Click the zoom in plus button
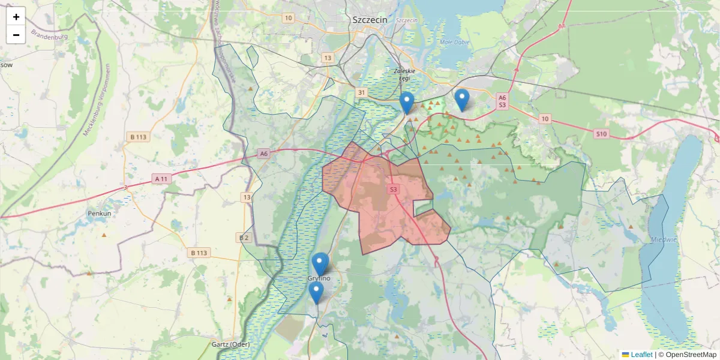(16, 17)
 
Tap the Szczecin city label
(370, 19)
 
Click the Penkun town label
(99, 213)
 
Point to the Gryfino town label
(319, 278)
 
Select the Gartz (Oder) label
(230, 344)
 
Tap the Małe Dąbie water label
(454, 42)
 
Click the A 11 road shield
(161, 179)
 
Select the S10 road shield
(602, 134)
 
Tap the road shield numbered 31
(361, 92)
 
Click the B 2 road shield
(244, 238)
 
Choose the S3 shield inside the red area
(393, 190)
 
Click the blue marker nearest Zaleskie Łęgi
(407, 103)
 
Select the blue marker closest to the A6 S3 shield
(461, 99)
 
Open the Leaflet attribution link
(641, 355)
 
